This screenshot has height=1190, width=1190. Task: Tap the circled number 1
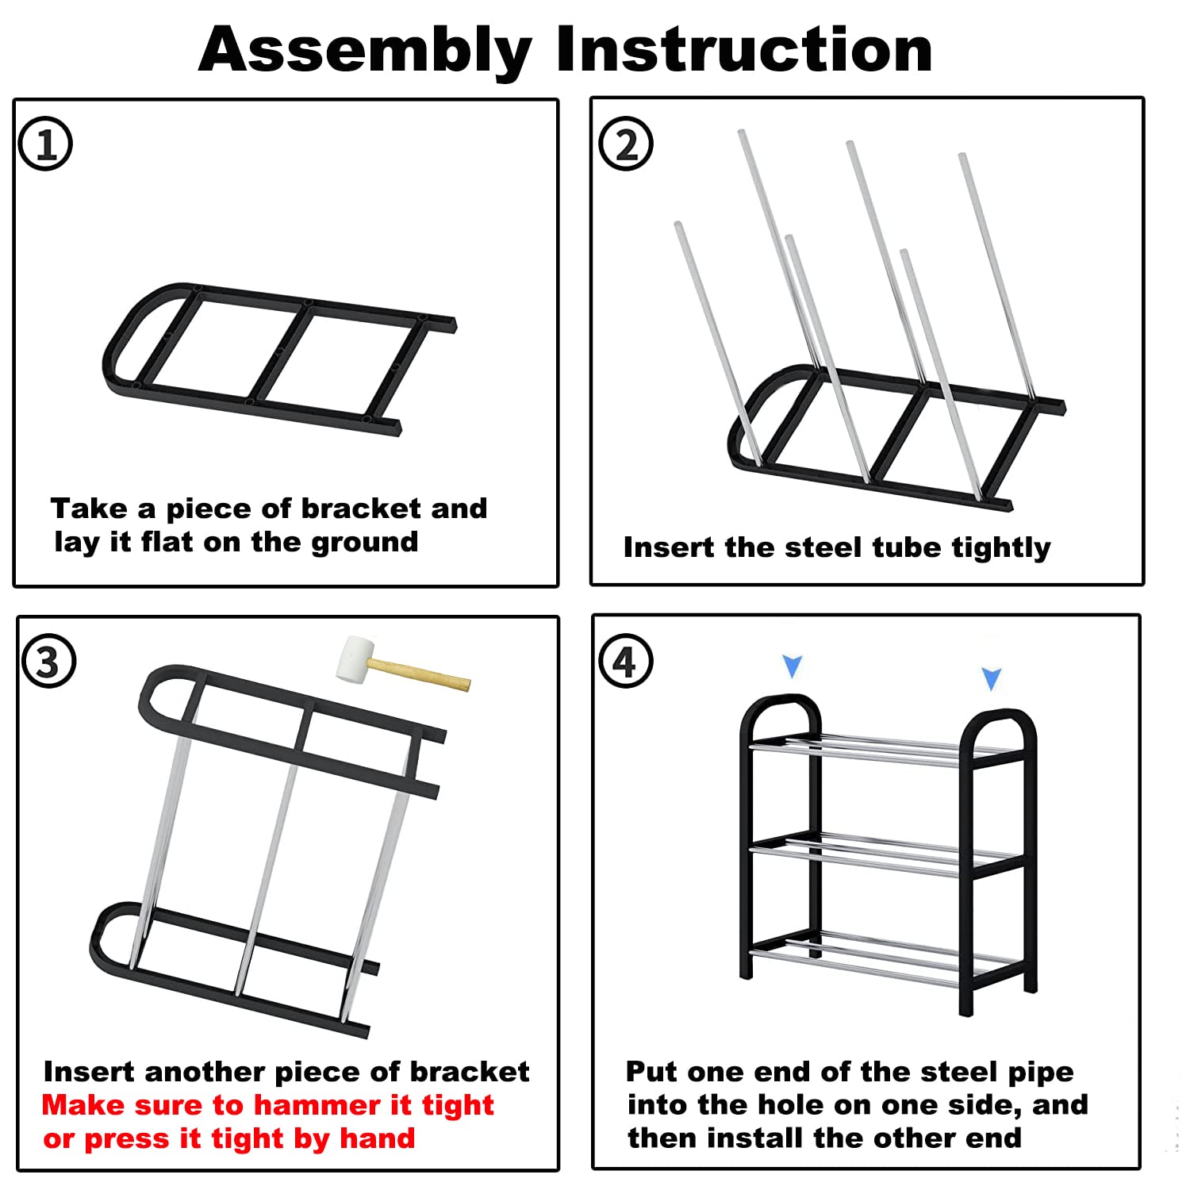[x=45, y=144]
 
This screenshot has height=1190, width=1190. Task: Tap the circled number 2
[x=626, y=144]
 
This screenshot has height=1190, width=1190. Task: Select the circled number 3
[x=48, y=661]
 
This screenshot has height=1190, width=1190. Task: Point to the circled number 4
[x=625, y=661]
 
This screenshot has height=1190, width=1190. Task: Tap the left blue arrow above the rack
[x=793, y=666]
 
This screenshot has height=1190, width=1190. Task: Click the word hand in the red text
[x=377, y=1138]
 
